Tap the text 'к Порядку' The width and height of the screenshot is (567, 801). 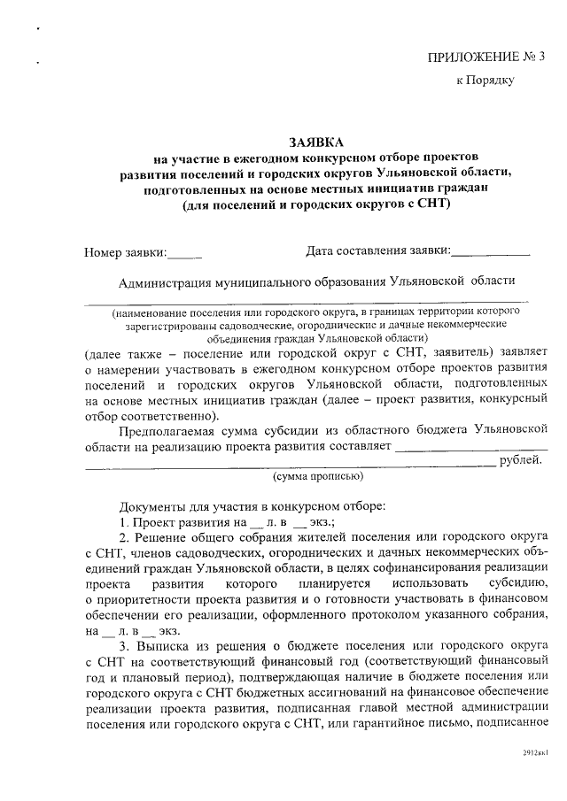(485, 80)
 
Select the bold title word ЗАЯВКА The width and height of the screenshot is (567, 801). (316, 142)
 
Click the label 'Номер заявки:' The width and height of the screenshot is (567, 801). (125, 252)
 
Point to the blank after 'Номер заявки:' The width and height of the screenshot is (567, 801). (185, 254)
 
